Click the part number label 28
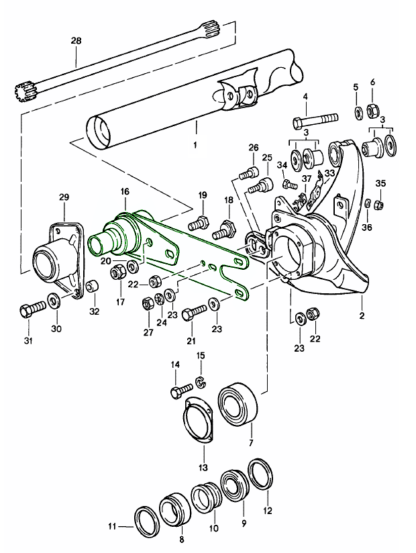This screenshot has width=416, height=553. click(76, 41)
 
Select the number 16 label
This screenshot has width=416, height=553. click(124, 192)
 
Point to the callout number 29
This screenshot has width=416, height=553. click(64, 197)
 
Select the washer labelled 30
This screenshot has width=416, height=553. click(52, 299)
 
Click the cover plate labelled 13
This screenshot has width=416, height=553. click(198, 419)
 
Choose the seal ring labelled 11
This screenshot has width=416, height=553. click(144, 519)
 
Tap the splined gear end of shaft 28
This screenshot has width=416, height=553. click(23, 92)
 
